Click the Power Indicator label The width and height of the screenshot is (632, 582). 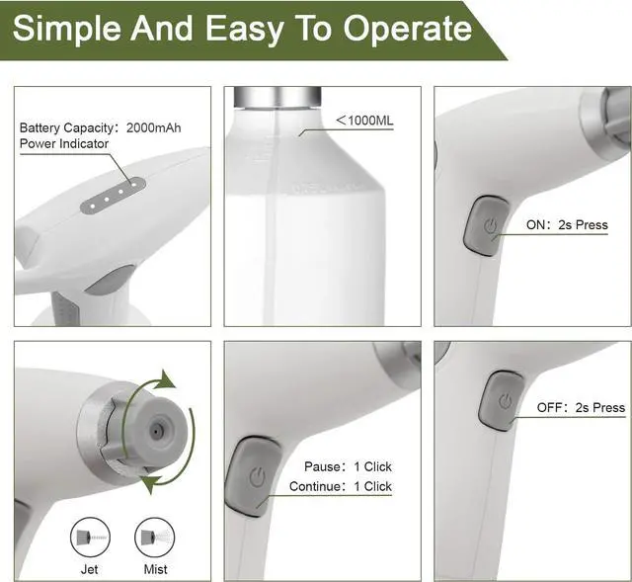point(64,143)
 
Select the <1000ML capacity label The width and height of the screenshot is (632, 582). point(366,121)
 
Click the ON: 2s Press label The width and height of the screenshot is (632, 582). point(567,225)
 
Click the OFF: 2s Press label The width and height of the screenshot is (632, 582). point(581,407)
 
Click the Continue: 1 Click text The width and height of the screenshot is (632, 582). point(341,486)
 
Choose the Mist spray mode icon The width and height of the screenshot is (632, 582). point(155,539)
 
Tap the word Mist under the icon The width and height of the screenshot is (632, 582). point(155,569)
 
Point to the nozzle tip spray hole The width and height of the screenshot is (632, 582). point(155,432)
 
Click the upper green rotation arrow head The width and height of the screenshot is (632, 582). point(168,379)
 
